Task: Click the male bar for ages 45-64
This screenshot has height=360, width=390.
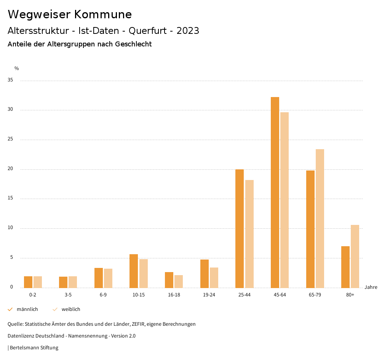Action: click(275, 192)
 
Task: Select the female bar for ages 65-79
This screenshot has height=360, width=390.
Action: click(320, 218)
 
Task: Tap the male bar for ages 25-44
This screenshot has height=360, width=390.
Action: click(240, 228)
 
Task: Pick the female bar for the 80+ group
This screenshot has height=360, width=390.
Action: click(355, 256)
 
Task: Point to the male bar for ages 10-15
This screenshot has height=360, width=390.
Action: click(134, 271)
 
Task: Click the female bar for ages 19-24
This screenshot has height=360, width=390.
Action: click(214, 278)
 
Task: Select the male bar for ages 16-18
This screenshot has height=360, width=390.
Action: click(169, 280)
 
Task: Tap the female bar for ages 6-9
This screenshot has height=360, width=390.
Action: click(108, 278)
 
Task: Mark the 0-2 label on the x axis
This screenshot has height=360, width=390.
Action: click(33, 295)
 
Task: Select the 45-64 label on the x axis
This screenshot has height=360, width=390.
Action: click(280, 295)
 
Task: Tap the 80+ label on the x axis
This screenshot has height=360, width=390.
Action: click(350, 295)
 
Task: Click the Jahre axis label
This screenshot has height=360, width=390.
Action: click(371, 287)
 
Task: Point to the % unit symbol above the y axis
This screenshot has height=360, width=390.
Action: click(17, 68)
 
